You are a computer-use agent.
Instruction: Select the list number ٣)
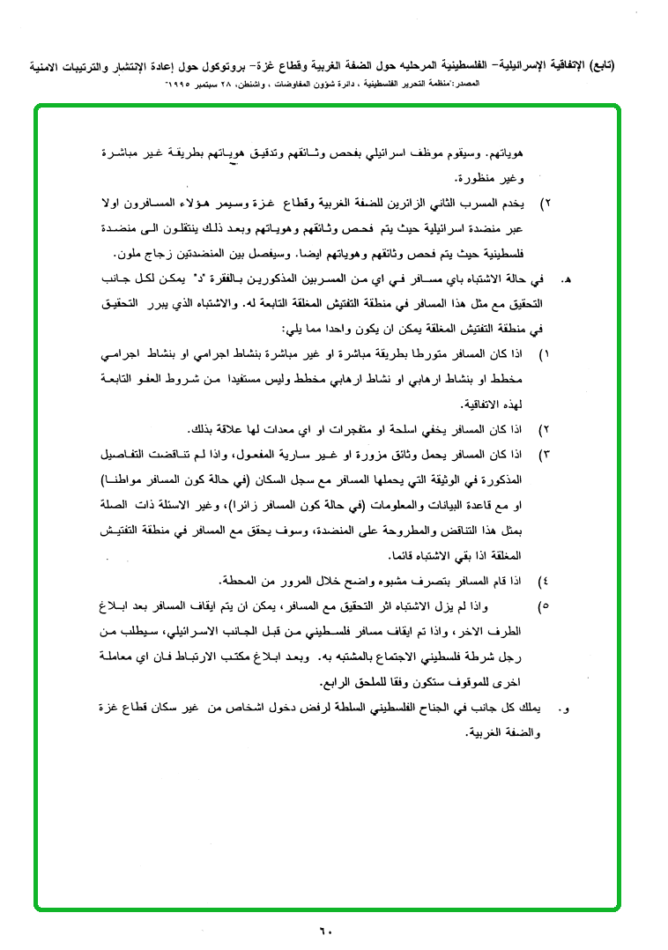click(544, 455)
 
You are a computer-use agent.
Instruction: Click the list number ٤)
click(544, 582)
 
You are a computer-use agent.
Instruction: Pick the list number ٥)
click(544, 607)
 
